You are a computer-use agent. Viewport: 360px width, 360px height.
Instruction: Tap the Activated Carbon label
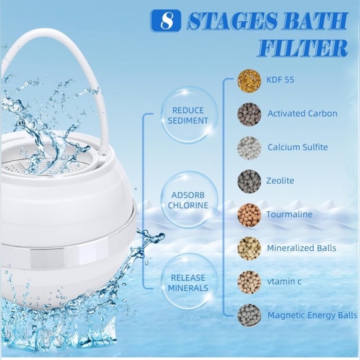tap(302, 114)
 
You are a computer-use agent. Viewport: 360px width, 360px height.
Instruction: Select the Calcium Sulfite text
tap(298, 147)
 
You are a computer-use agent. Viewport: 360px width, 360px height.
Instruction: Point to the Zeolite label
tap(281, 181)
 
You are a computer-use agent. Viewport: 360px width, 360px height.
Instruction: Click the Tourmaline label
tap(290, 214)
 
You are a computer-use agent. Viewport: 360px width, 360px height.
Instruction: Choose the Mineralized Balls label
tap(301, 248)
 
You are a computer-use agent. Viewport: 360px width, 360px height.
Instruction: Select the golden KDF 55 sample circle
tap(249, 81)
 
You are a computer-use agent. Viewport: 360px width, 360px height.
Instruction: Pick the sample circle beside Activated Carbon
tap(249, 114)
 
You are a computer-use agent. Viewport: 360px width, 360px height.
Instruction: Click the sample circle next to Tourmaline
tap(249, 215)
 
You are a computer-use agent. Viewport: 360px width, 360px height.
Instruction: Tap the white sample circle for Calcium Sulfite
tap(249, 148)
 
